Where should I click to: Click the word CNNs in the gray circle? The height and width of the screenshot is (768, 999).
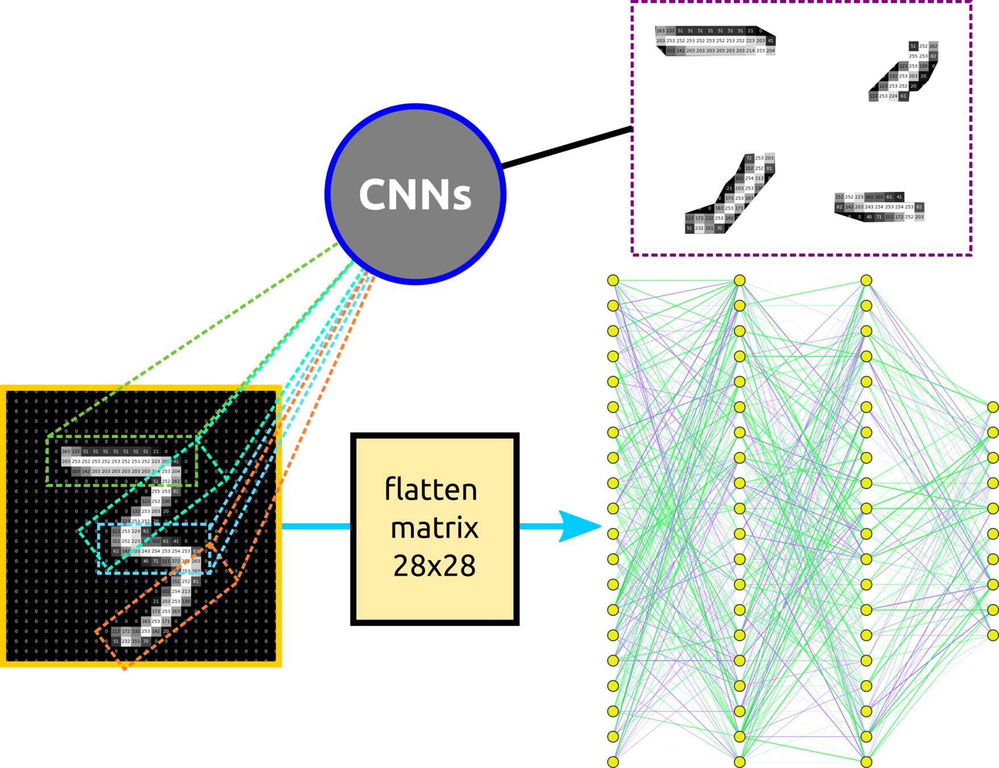click(415, 195)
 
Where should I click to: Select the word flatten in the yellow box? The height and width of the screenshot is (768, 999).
click(431, 489)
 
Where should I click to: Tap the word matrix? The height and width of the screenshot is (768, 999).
click(434, 528)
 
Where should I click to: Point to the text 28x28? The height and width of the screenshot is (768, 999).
click(434, 566)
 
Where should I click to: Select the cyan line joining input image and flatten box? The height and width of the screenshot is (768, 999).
click(316, 526)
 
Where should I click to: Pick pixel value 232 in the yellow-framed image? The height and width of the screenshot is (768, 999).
click(126, 641)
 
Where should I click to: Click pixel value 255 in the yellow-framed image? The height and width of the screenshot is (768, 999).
click(156, 491)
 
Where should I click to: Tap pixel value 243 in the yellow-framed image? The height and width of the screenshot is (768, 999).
click(146, 551)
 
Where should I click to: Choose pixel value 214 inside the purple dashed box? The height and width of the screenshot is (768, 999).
click(751, 51)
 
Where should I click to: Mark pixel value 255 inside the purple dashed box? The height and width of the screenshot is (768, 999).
click(913, 56)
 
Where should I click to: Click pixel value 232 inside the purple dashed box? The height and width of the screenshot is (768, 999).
click(699, 228)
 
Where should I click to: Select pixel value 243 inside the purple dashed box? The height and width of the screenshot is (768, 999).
click(869, 207)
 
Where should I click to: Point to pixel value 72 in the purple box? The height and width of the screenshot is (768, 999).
click(749, 158)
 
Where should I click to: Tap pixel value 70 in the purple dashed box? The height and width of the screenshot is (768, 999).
click(719, 228)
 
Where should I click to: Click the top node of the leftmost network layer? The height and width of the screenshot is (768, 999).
click(613, 280)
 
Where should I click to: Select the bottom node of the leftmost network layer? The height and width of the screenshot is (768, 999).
click(613, 762)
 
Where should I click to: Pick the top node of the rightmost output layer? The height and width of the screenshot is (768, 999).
click(993, 407)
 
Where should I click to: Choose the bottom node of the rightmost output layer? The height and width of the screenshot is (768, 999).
click(993, 635)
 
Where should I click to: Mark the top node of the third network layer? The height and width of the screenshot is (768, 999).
click(867, 280)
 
